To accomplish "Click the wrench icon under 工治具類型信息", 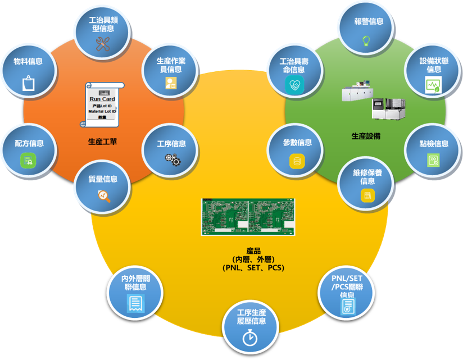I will (102, 44).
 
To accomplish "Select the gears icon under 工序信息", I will (171, 160).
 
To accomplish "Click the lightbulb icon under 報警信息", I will (366, 40).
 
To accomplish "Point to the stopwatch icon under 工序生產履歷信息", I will (250, 339).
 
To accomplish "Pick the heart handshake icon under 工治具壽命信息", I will (293, 86).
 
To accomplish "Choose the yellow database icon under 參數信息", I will (297, 161).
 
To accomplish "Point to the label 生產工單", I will (102, 141).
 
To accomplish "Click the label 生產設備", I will (366, 136).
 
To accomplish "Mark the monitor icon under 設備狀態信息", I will (432, 86).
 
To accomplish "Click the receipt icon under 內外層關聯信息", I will (134, 304).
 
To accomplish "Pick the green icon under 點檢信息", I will (433, 161).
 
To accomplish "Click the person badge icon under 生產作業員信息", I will (170, 84).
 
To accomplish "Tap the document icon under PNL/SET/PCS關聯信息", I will (348, 306).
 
